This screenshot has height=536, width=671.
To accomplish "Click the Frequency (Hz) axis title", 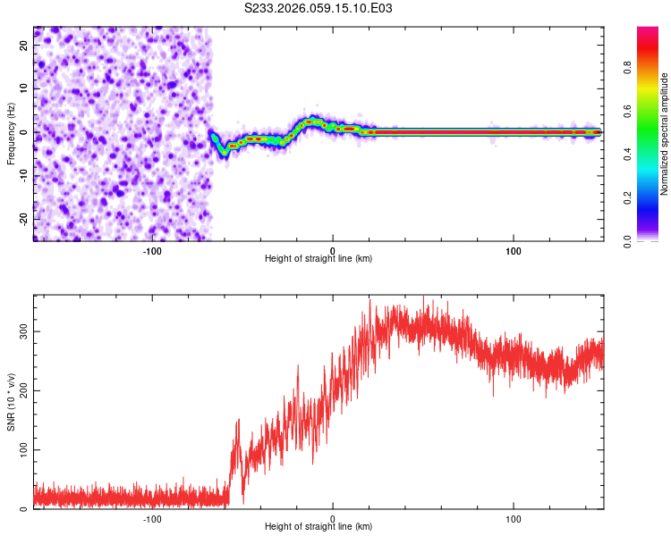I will (x=11, y=132).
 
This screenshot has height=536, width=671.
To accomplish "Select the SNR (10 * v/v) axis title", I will (x=11, y=402).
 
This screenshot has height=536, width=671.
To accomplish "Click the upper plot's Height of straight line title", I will (x=319, y=258).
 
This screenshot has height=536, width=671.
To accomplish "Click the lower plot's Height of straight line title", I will (x=319, y=526).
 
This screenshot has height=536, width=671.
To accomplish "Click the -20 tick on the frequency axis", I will (x=24, y=219).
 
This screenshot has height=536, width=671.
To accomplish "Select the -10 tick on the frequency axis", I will (x=24, y=176).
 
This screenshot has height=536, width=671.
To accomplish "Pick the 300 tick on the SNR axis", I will (x=24, y=331).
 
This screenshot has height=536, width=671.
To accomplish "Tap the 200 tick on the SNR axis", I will (x=24, y=390).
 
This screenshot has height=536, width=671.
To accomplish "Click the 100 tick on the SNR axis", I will (x=24, y=449).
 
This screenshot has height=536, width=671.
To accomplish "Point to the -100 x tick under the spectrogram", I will (x=151, y=250).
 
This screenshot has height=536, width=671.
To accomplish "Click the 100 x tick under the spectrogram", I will (x=514, y=250).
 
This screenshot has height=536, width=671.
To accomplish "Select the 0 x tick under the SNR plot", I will (x=333, y=518).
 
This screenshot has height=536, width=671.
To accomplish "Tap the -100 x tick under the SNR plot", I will (x=151, y=518).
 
